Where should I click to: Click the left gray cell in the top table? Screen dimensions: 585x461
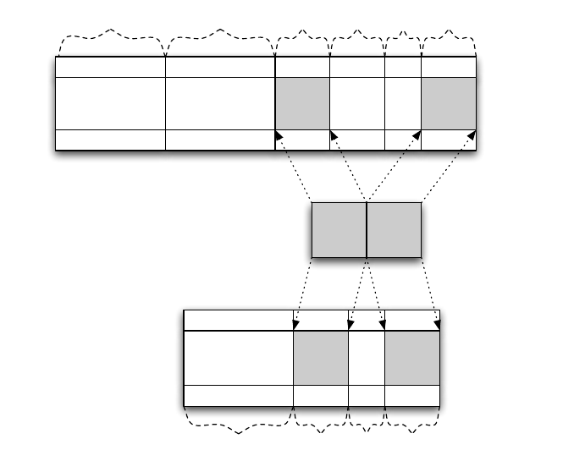tap(302, 103)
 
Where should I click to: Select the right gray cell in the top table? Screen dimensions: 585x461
tap(449, 103)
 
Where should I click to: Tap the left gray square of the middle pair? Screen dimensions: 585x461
tap(339, 229)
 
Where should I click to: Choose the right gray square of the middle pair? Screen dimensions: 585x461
tap(394, 229)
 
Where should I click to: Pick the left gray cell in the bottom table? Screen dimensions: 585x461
tap(321, 358)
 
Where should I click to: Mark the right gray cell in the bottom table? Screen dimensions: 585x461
tap(412, 358)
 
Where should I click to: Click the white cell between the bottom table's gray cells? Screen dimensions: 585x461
tap(367, 358)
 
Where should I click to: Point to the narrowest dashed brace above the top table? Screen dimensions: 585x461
tap(403, 37)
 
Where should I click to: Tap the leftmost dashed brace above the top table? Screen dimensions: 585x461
tap(110, 37)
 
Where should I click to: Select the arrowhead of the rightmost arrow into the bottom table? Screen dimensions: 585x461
tap(437, 325)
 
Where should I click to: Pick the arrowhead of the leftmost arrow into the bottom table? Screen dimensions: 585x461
tap(296, 325)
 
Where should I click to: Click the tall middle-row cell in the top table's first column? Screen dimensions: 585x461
tap(110, 103)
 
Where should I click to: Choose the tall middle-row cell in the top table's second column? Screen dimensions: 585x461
tap(220, 103)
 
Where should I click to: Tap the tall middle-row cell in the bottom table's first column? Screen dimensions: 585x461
tap(238, 358)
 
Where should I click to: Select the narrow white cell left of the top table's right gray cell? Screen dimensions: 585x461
tap(403, 103)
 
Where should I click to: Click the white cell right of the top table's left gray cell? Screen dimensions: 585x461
tap(357, 103)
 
